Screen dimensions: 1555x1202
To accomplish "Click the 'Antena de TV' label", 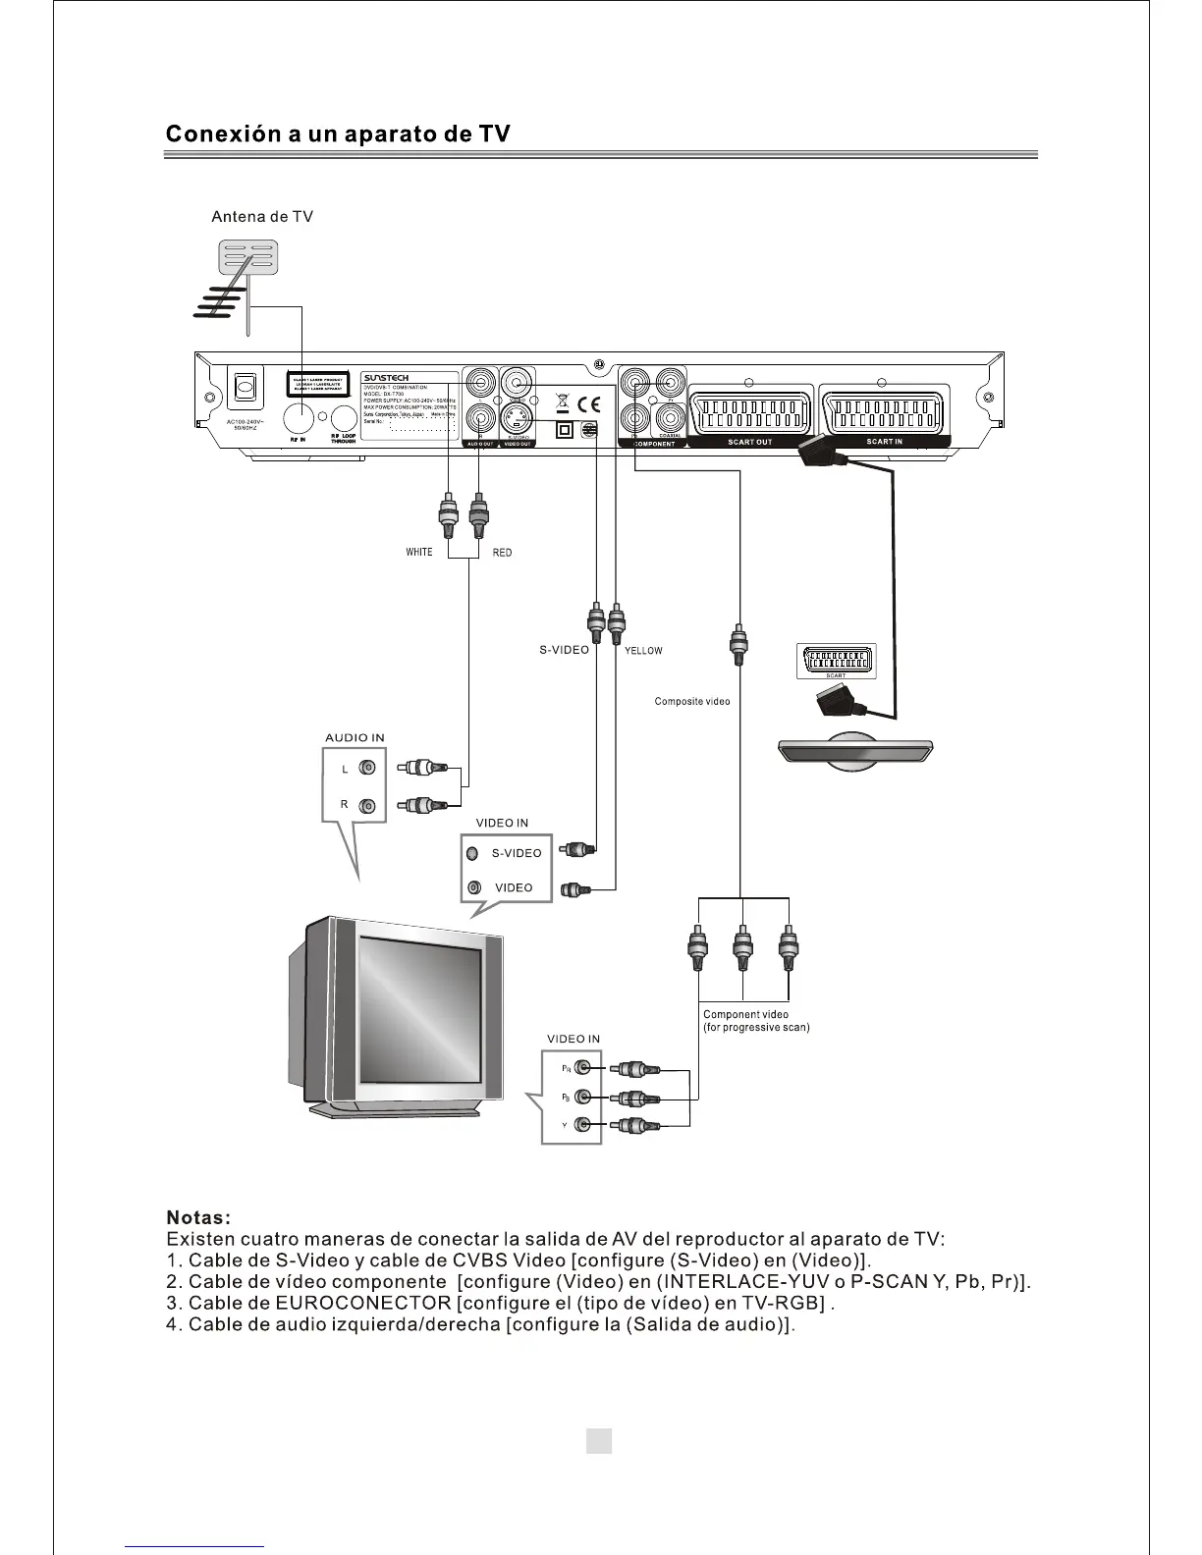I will [262, 217].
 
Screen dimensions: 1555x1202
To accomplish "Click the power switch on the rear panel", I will [245, 389].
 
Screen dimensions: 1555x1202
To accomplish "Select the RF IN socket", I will [300, 418].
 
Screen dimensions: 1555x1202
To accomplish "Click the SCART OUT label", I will [749, 443].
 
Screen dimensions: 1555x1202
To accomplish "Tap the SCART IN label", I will [884, 443].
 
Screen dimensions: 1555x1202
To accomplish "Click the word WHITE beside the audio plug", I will [419, 552].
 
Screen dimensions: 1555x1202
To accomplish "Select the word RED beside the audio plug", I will [502, 553].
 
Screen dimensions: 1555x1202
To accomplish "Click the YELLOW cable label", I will [643, 651].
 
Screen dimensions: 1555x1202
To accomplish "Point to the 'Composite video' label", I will [692, 702].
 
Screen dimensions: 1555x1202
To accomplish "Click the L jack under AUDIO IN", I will [366, 769].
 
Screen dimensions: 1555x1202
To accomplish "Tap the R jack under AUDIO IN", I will [366, 806].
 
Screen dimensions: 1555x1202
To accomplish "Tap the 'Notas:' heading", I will [198, 1218].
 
